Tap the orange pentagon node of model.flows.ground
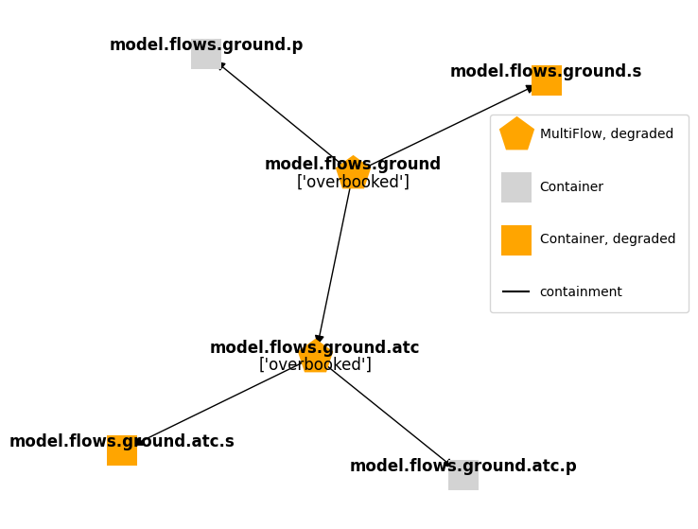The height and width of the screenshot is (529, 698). (353, 172)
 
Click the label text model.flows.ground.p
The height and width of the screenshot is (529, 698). (206, 44)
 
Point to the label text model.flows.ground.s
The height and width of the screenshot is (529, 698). (545, 71)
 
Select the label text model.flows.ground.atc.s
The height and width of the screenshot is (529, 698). (121, 441)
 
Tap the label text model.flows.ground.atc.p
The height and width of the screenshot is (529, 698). (462, 466)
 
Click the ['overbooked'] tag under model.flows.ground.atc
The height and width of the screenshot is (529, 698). (315, 364)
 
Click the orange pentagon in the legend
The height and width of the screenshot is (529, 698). (516, 134)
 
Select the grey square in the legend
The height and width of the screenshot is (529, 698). (516, 187)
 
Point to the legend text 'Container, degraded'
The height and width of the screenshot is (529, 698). (607, 239)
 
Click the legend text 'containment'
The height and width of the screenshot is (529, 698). (581, 292)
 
